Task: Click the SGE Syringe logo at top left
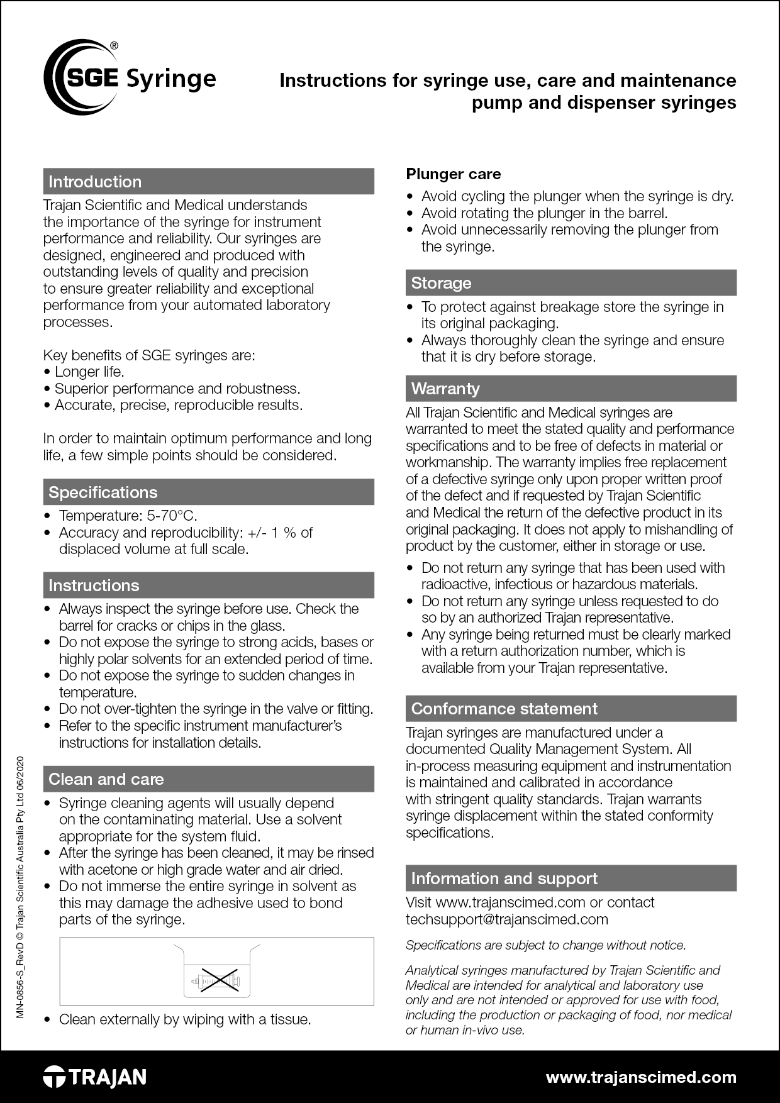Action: pos(130,78)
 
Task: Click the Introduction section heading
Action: pos(95,182)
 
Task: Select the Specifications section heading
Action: pos(103,492)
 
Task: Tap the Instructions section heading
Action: pos(94,585)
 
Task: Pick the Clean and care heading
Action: pos(106,779)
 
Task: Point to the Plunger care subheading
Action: pos(453,174)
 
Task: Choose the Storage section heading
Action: pos(441,283)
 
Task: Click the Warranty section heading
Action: pos(445,389)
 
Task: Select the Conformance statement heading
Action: pos(504,709)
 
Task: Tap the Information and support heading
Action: pos(504,879)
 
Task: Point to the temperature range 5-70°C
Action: pos(172,516)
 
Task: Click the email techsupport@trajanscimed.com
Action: pos(506,919)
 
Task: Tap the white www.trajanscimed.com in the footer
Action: pos(640,1077)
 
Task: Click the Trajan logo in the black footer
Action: pos(95,1077)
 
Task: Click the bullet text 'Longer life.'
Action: pos(89,372)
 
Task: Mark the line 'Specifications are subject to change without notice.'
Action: pos(545,945)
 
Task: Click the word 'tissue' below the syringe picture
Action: pos(289,1019)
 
